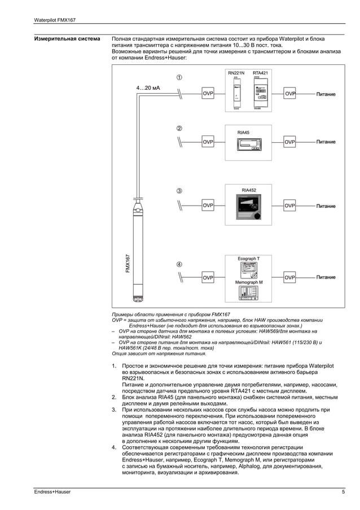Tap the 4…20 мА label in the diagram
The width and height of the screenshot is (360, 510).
(148, 88)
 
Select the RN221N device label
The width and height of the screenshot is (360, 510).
(236, 73)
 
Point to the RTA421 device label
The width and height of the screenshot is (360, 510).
(261, 73)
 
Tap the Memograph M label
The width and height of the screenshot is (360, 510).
(248, 282)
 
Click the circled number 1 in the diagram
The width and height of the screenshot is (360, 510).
(179, 77)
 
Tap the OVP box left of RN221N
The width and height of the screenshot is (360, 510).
(208, 93)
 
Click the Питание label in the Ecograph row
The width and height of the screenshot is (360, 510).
(326, 277)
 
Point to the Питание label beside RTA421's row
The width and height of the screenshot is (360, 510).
(326, 94)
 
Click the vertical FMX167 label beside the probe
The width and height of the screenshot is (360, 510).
(128, 263)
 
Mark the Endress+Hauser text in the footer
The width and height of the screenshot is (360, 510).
(52, 492)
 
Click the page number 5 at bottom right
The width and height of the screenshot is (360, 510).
(343, 492)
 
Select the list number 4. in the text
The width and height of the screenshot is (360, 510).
(115, 447)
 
